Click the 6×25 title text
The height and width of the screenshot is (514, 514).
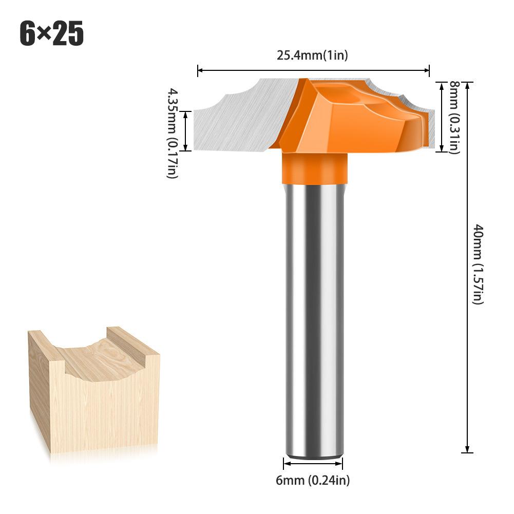(x=51, y=34)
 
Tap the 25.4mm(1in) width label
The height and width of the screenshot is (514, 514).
(x=312, y=55)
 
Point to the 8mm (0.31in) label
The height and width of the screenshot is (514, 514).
(x=454, y=117)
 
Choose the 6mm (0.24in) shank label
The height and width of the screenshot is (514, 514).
(x=312, y=481)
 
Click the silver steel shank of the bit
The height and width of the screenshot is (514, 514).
(x=313, y=318)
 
